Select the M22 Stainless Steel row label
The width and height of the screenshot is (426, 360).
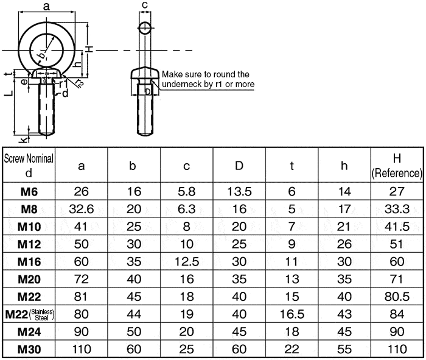pyautogui.click(x=29, y=314)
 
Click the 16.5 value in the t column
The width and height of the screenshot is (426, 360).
pyautogui.click(x=292, y=314)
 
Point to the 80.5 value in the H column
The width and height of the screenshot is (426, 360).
pyautogui.click(x=397, y=297)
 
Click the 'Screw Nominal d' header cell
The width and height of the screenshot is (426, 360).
pyautogui.click(x=29, y=164)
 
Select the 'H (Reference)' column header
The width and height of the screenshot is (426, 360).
pyautogui.click(x=397, y=165)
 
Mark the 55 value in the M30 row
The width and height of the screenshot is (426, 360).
pyautogui.click(x=344, y=350)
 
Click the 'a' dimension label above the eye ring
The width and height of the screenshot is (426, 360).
pyautogui.click(x=47, y=6)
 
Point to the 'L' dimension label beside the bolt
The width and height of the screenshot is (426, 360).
pyautogui.click(x=5, y=93)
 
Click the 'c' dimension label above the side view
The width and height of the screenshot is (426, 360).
pyautogui.click(x=144, y=5)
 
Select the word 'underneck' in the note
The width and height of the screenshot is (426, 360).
pyautogui.click(x=181, y=84)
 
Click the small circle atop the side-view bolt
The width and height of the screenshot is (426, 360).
pyautogui.click(x=145, y=28)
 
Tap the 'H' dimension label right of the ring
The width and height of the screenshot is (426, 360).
pyautogui.click(x=89, y=49)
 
